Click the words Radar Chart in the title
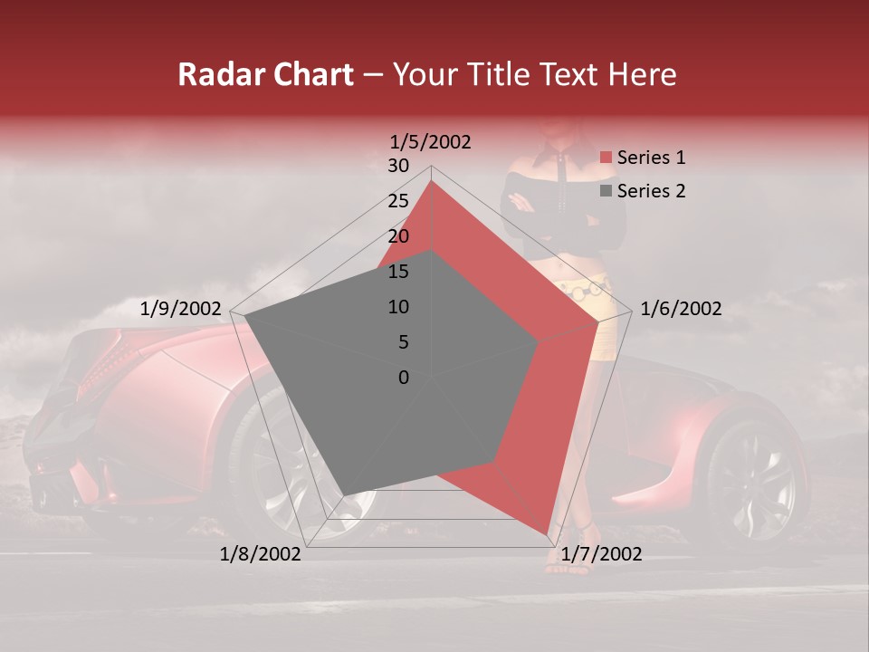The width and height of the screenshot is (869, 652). [x=265, y=74]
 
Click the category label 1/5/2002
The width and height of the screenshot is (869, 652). [x=431, y=141]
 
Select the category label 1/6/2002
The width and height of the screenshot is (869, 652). [x=681, y=309]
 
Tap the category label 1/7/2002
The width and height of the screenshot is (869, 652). [x=601, y=553]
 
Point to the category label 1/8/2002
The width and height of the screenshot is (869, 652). [x=261, y=553]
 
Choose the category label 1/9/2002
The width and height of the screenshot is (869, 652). [x=181, y=309]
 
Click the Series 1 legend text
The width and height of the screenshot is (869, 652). [x=651, y=158]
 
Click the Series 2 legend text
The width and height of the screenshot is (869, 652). [x=651, y=191]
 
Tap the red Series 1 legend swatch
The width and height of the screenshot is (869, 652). [x=606, y=158]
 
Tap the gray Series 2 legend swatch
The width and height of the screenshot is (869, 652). [x=606, y=192]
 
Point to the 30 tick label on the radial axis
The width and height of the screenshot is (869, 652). [x=398, y=166]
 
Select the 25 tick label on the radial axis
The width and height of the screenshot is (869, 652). [x=398, y=201]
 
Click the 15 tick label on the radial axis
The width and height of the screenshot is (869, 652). [x=398, y=272]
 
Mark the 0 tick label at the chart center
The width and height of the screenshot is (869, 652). [x=404, y=378]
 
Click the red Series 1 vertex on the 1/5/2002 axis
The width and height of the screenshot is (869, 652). [x=432, y=181]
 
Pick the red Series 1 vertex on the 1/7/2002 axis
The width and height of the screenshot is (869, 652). [x=547, y=534]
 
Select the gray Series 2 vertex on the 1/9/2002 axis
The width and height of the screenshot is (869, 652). [x=245, y=316]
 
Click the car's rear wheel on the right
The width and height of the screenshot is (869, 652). [x=750, y=479]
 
